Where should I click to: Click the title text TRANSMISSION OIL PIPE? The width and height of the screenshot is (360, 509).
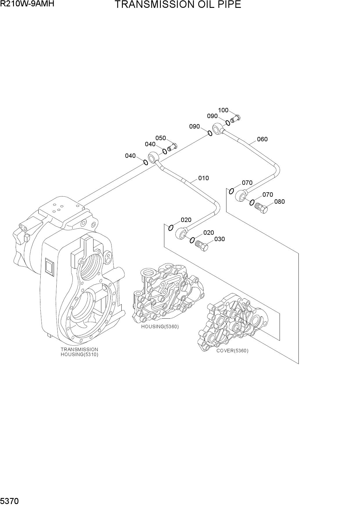pyautogui.click(x=178, y=5)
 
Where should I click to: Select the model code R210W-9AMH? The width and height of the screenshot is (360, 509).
pyautogui.click(x=27, y=4)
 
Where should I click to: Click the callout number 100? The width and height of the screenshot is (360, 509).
pyautogui.click(x=223, y=110)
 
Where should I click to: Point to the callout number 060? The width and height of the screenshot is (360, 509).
pyautogui.click(x=262, y=139)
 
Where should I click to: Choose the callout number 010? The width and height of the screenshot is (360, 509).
pyautogui.click(x=204, y=178)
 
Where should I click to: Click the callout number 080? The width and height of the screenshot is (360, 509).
pyautogui.click(x=279, y=202)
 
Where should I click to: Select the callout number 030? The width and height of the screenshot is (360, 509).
pyautogui.click(x=219, y=239)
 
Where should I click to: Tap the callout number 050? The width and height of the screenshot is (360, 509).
pyautogui.click(x=161, y=138)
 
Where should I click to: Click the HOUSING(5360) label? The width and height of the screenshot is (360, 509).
pyautogui.click(x=160, y=327)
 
